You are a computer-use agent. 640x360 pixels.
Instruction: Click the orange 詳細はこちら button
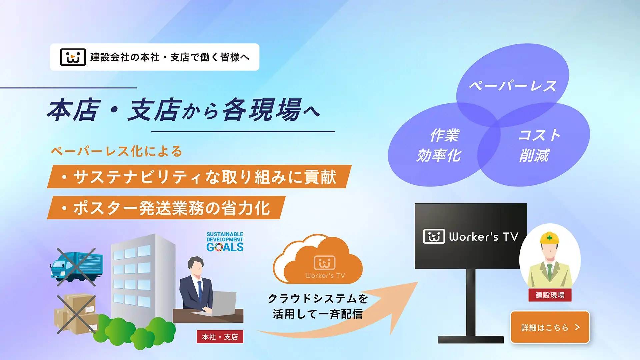[550, 327]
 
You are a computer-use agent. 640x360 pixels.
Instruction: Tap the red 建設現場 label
[550, 295]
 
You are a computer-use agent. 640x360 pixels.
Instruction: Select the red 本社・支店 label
[220, 337]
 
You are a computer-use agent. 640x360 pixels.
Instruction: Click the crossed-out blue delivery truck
[76, 267]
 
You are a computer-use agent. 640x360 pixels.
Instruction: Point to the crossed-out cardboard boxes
[76, 314]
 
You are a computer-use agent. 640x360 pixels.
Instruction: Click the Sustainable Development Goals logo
[225, 242]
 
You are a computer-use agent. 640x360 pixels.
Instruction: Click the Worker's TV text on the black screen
[484, 237]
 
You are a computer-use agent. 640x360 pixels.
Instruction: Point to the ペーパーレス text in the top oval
[513, 86]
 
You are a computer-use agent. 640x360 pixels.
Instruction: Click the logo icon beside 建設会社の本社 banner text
[73, 57]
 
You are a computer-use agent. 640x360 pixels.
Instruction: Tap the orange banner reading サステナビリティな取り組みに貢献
[199, 177]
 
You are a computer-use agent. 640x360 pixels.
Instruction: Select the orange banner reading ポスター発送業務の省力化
[166, 208]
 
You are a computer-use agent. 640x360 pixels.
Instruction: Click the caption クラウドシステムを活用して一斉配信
[318, 306]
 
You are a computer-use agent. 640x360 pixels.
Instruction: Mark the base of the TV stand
[471, 340]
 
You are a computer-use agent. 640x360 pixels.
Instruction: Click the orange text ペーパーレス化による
[117, 151]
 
